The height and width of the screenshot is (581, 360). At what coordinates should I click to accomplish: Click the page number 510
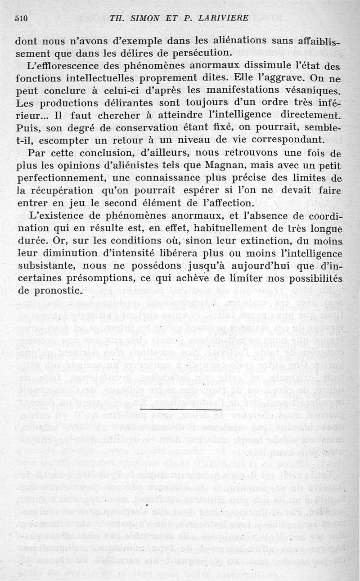(22, 18)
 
